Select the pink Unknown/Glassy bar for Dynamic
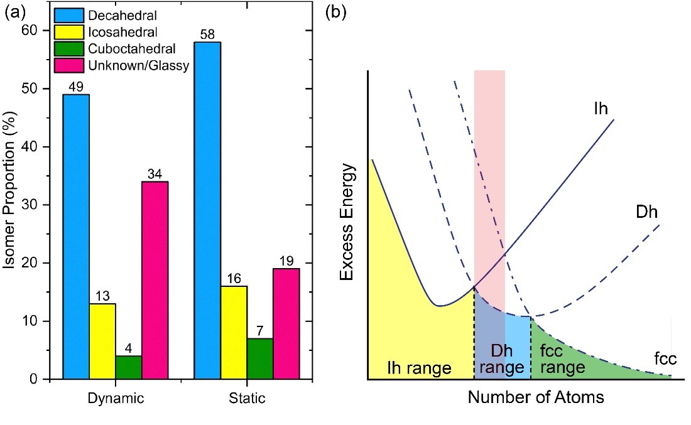pos(155,280)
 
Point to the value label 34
pos(155,173)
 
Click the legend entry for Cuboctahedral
pos(123,48)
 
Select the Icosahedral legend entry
pos(116,30)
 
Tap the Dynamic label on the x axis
pos(116,399)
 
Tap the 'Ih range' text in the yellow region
pos(420,367)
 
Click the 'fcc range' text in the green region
pos(558,358)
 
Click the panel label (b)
pos(335,13)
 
